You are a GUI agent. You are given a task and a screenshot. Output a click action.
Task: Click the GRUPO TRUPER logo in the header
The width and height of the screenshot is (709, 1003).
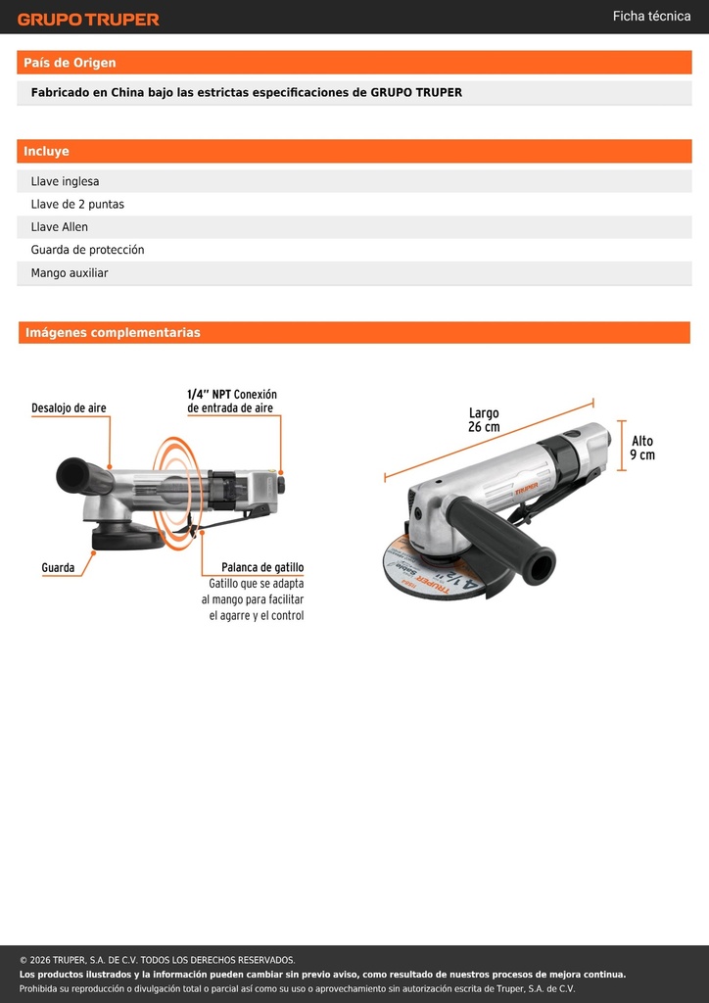(88, 20)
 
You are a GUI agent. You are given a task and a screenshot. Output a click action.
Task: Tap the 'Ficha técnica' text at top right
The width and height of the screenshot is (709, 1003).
(651, 16)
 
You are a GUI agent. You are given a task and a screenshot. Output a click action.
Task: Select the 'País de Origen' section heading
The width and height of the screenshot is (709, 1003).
(70, 63)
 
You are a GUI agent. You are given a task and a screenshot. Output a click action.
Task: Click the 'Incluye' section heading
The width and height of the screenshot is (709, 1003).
(46, 152)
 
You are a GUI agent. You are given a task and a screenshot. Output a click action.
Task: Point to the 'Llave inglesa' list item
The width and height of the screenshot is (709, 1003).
(66, 181)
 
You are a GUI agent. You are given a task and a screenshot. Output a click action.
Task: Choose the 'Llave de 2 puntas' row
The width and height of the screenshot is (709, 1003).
(77, 205)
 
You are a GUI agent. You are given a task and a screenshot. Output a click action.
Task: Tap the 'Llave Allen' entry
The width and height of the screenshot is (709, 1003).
(60, 227)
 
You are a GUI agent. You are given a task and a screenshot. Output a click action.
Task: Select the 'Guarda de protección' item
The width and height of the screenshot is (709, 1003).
(87, 250)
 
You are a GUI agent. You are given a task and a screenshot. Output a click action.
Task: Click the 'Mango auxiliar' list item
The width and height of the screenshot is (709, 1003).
(70, 273)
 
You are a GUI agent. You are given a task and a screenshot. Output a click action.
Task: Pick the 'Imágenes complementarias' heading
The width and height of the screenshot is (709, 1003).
(113, 333)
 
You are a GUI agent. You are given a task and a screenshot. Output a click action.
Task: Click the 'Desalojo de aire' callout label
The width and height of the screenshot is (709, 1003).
(70, 408)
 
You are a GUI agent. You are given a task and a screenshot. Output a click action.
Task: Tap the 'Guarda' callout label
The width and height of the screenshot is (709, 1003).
(58, 567)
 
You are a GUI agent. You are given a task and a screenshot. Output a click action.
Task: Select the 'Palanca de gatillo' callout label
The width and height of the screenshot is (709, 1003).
(262, 567)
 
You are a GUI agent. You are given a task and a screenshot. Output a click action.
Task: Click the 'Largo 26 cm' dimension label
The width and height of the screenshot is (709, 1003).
(484, 419)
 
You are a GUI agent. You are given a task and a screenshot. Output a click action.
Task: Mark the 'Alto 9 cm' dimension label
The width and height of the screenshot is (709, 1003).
(642, 448)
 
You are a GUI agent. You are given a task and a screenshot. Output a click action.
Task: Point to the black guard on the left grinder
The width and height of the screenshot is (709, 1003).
(128, 539)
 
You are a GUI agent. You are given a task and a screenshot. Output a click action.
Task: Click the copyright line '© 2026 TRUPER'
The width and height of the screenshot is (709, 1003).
(158, 960)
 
